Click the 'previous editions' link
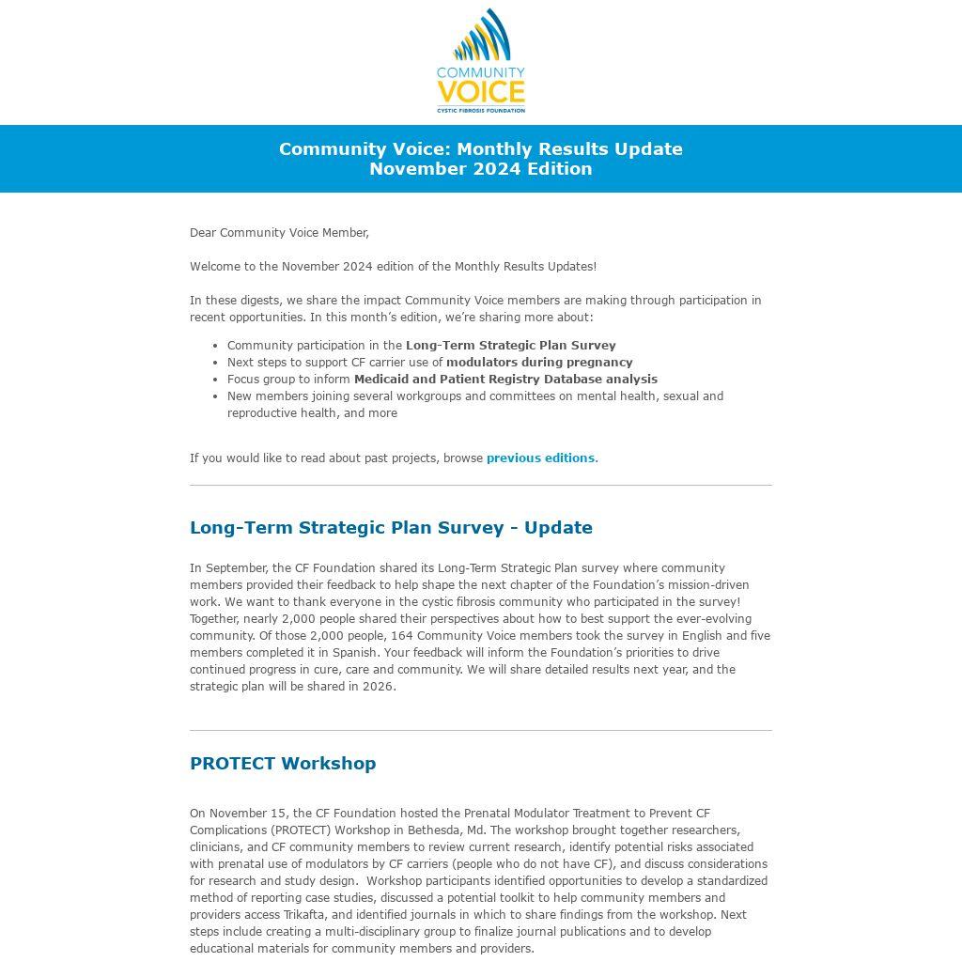540,458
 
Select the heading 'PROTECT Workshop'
283,764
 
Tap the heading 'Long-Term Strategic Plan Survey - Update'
391,528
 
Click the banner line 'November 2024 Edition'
480,169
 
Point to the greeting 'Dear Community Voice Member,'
279,233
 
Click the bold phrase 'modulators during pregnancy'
539,363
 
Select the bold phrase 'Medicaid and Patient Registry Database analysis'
505,380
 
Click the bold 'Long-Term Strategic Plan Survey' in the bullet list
510,346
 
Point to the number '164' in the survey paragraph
401,636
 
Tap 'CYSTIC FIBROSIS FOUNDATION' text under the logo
480,110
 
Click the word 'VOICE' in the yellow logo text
480,92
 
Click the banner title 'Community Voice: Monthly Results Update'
480,149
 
